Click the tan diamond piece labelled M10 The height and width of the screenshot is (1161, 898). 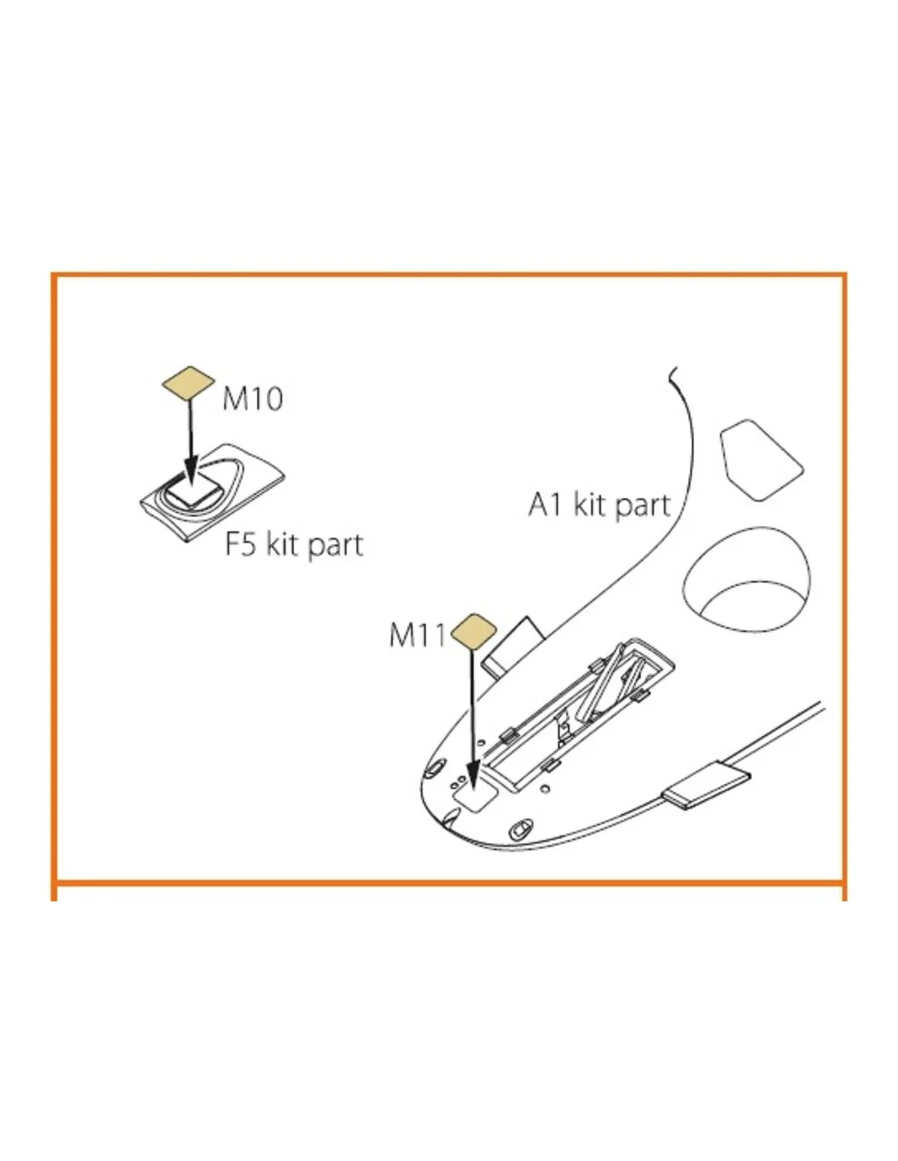(188, 383)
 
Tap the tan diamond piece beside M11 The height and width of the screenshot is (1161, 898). (473, 632)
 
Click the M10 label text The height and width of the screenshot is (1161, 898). (252, 398)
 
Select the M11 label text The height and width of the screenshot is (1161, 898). (416, 636)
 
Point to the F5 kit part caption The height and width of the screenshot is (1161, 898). (294, 545)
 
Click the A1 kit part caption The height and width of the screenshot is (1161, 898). (599, 505)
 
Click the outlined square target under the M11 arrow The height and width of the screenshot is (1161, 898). (475, 795)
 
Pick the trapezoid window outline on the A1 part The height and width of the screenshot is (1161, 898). (760, 460)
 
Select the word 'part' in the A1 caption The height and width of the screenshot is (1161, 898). (643, 505)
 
